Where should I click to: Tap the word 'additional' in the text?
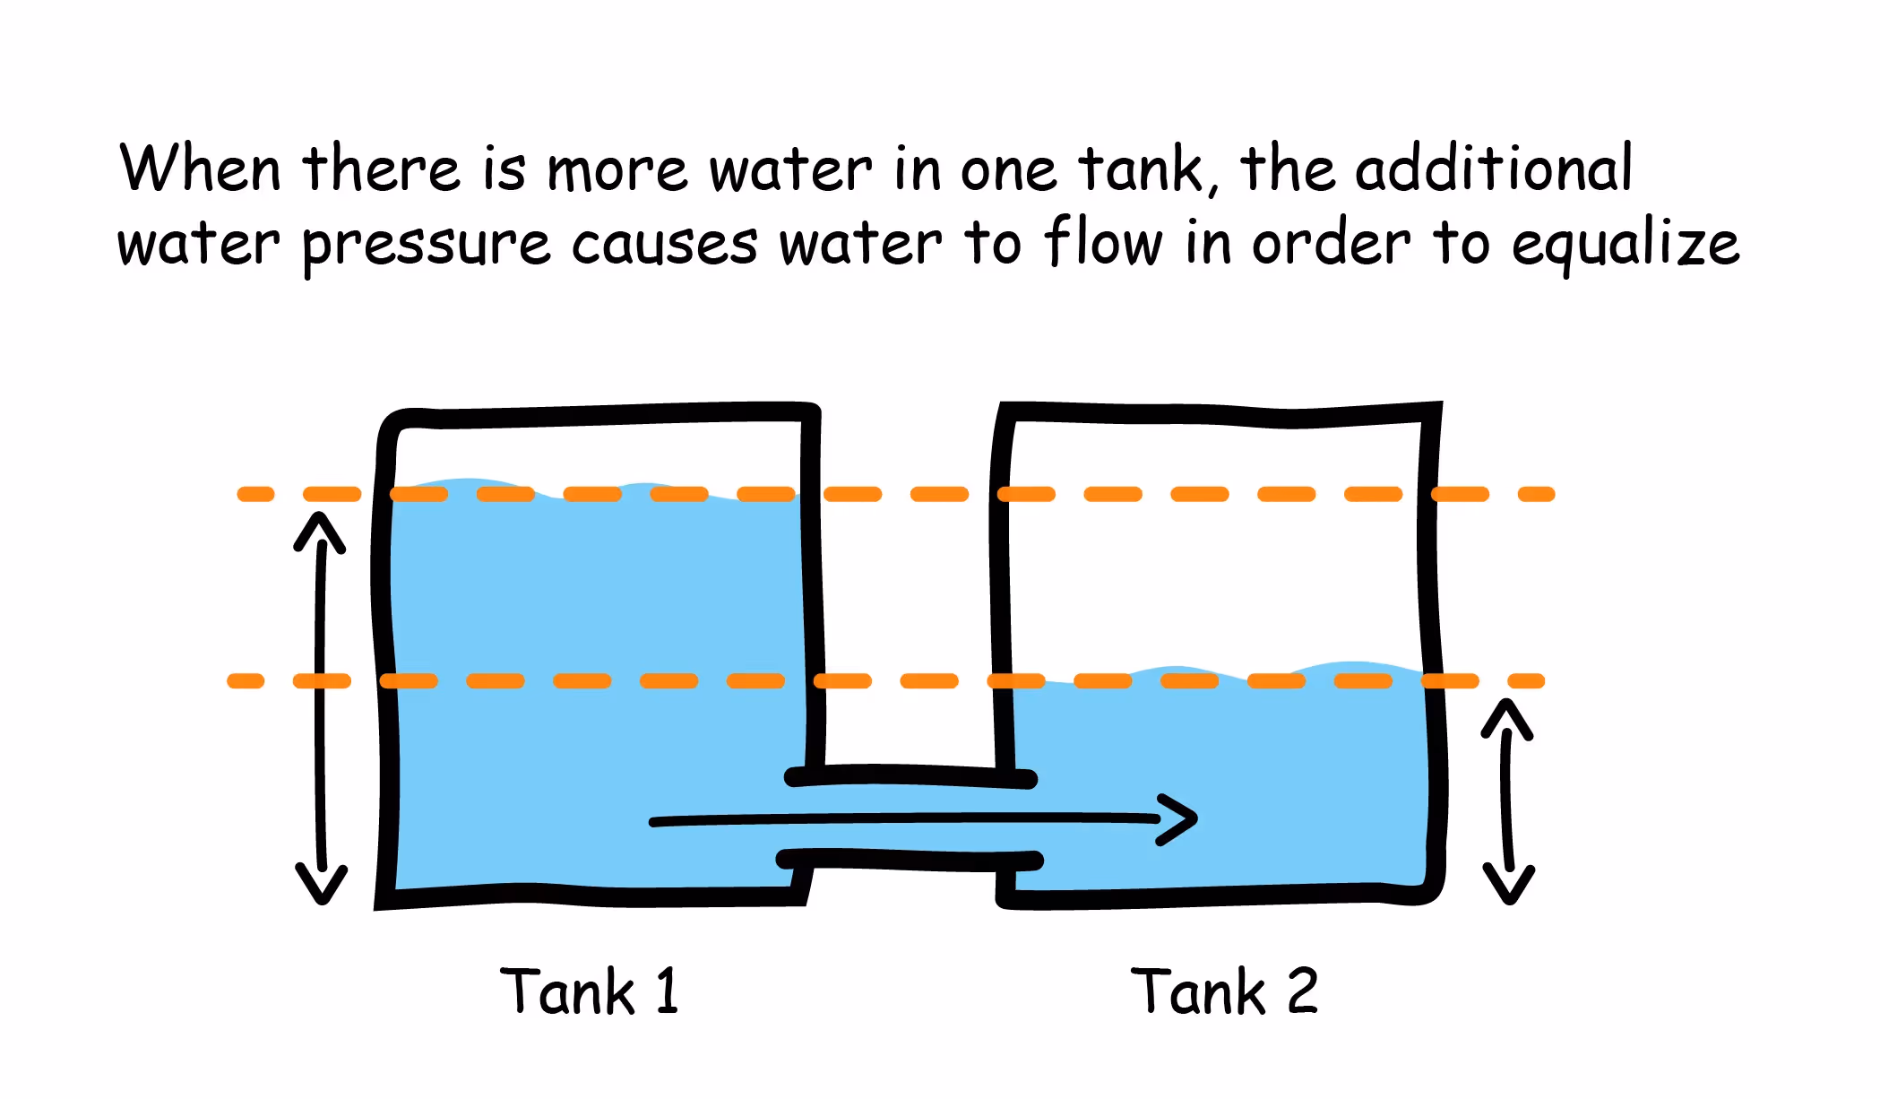click(x=1493, y=169)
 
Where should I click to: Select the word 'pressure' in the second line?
click(x=426, y=245)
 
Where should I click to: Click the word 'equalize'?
click(x=1626, y=245)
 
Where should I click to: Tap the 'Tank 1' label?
click(x=590, y=991)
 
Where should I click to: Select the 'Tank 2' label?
click(x=1224, y=991)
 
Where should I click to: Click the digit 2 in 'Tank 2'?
click(x=1302, y=991)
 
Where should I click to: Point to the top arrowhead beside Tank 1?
click(x=319, y=529)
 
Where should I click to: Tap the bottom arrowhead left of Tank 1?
click(x=321, y=886)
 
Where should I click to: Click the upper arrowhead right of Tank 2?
click(x=1507, y=717)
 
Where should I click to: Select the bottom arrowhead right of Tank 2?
click(x=1509, y=886)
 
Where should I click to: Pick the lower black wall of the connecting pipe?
click(x=910, y=861)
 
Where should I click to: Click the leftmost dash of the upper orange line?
click(x=255, y=494)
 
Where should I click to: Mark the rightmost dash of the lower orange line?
click(x=1526, y=681)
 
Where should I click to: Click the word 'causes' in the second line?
click(x=664, y=245)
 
